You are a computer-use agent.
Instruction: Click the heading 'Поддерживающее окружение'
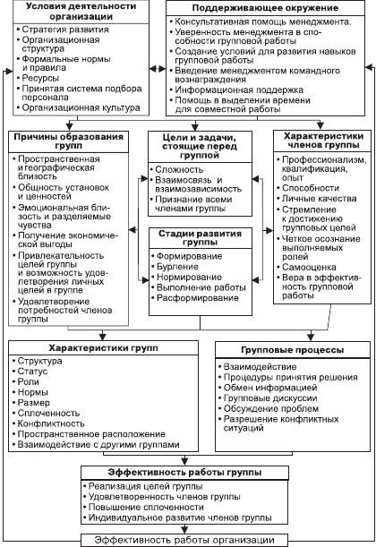pos(265,8)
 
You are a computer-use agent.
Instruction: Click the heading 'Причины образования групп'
pos(69,141)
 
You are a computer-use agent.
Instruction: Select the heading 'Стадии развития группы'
pos(201,238)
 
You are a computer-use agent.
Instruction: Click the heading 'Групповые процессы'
pos(293,350)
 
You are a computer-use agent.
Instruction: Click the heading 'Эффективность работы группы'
pos(184,473)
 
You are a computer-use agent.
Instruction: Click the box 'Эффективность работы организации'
pos(184,541)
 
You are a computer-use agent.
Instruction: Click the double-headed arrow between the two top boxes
pos(158,69)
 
